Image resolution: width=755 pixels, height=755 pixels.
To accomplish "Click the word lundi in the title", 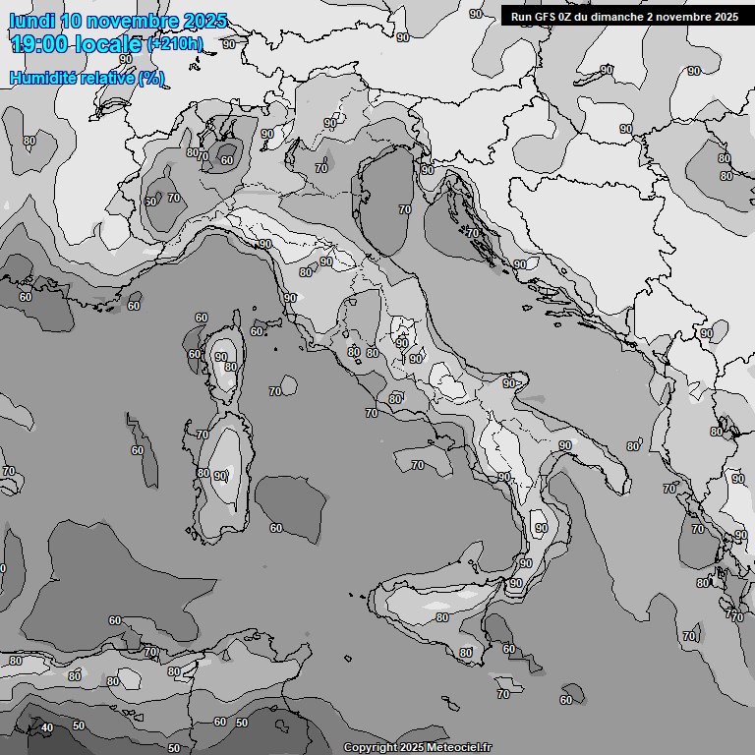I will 32,21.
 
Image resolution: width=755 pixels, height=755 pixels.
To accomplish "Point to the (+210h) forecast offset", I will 175,44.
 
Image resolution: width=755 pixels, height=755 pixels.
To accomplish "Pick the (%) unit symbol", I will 151,78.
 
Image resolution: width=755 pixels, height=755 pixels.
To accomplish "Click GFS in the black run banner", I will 549,16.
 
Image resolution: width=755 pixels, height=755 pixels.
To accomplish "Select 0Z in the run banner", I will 572,16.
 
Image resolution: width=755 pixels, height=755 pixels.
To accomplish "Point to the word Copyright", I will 370,748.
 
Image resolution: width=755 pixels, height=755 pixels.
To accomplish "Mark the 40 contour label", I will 46,727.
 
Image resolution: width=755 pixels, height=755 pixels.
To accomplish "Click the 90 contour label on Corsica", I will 221,358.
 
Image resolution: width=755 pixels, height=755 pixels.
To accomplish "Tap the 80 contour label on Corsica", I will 230,368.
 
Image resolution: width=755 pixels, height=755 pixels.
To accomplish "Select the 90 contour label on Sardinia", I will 220,476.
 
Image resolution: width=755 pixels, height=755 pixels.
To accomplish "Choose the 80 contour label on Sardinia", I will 203,473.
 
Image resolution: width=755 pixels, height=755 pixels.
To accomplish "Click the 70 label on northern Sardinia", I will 203,434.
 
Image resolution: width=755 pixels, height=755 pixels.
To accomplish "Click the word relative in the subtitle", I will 109,78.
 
